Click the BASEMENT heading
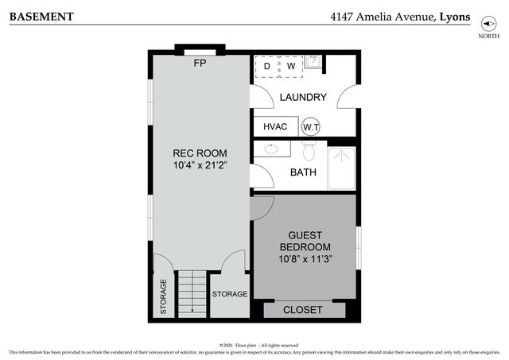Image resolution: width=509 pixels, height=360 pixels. (41, 16)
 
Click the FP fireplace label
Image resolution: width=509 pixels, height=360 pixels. (200, 63)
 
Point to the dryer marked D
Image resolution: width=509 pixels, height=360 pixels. (267, 66)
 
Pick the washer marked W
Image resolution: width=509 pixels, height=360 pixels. (290, 66)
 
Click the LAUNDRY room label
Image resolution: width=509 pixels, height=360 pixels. (303, 97)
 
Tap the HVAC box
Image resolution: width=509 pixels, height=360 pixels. (274, 126)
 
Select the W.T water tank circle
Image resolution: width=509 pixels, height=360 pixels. (311, 127)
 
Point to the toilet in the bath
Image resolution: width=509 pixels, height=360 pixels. (310, 150)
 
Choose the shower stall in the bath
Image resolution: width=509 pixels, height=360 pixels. (342, 168)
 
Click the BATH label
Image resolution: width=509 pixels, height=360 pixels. (303, 172)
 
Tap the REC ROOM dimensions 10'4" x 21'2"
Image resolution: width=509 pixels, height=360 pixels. (200, 166)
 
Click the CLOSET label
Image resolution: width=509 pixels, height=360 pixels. (303, 309)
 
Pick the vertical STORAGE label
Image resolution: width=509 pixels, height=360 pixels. (164, 296)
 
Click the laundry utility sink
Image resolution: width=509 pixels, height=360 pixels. (313, 62)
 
